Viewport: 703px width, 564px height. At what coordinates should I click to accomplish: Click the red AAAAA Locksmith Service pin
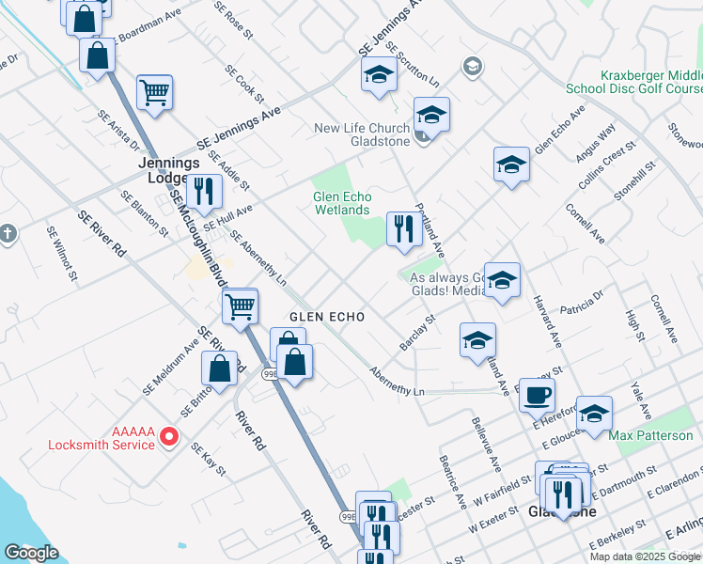coord(169,436)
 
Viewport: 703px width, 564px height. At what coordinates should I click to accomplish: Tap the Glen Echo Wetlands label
coord(342,203)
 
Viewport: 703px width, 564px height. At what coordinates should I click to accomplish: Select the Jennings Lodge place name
coord(170,169)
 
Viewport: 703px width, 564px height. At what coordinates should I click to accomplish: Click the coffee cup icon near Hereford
coord(537,395)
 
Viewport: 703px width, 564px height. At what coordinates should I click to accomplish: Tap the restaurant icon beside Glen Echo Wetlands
coord(404,228)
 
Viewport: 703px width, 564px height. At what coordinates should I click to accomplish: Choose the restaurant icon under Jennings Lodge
coord(204,191)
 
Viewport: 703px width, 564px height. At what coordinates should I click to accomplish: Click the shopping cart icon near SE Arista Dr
coord(154,92)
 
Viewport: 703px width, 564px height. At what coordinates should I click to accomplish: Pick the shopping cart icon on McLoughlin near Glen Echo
coord(241,305)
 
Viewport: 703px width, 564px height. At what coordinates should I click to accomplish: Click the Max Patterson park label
coord(650,435)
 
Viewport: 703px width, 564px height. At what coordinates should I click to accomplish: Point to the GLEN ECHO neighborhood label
coord(326,317)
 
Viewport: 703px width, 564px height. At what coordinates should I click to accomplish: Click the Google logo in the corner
coord(31,554)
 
